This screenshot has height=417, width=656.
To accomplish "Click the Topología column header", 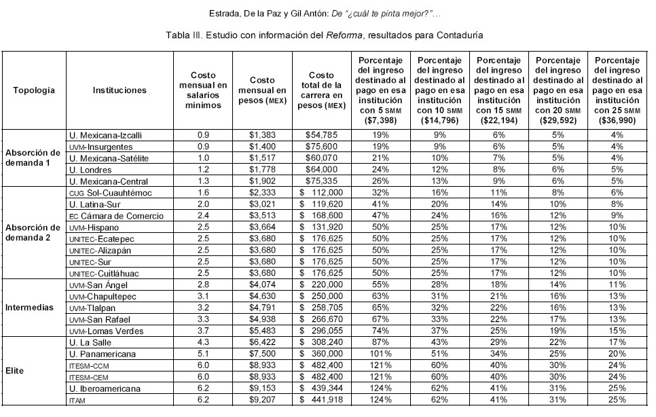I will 33,90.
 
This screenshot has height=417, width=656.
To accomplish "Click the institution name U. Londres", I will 94,168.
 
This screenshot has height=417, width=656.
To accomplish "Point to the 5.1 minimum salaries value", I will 202,353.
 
